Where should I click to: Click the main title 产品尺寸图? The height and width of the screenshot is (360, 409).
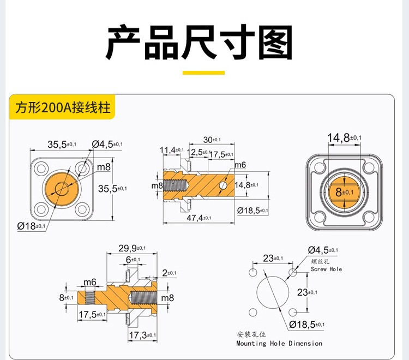[x=199, y=43]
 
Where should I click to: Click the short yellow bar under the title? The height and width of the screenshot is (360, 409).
[x=203, y=73]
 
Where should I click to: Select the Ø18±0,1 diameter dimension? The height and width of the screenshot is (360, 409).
[x=32, y=225]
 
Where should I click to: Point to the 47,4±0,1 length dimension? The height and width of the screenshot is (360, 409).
[x=202, y=218]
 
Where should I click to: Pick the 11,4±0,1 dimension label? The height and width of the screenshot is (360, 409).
[x=171, y=150]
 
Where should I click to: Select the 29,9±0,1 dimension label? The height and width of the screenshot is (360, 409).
[x=133, y=249]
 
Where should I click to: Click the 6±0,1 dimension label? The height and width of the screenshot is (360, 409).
[x=133, y=260]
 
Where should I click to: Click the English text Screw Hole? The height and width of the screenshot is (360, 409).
[x=326, y=269]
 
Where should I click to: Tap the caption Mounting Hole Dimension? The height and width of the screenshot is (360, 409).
[x=279, y=344]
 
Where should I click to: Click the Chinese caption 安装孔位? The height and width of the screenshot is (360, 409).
[x=250, y=334]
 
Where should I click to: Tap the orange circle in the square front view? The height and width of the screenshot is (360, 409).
[x=61, y=189]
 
